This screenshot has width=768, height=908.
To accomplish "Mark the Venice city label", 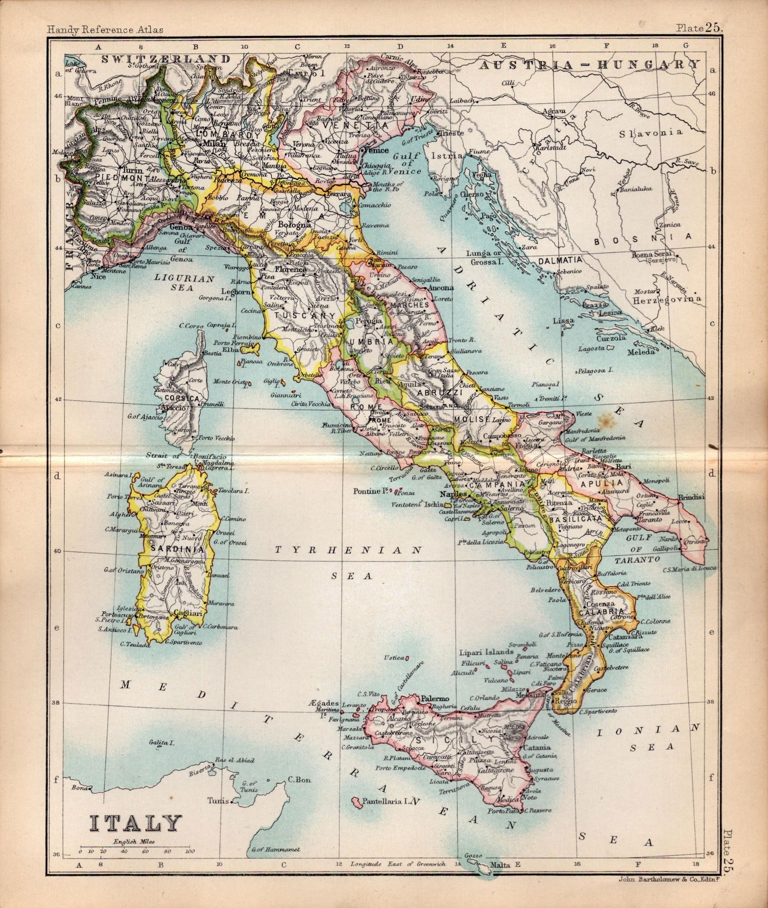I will click(x=376, y=150).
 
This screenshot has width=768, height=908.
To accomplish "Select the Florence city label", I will click(x=290, y=270).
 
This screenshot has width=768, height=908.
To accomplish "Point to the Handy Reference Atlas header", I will click(x=106, y=30).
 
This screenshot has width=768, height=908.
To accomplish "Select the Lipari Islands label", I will click(x=487, y=652).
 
